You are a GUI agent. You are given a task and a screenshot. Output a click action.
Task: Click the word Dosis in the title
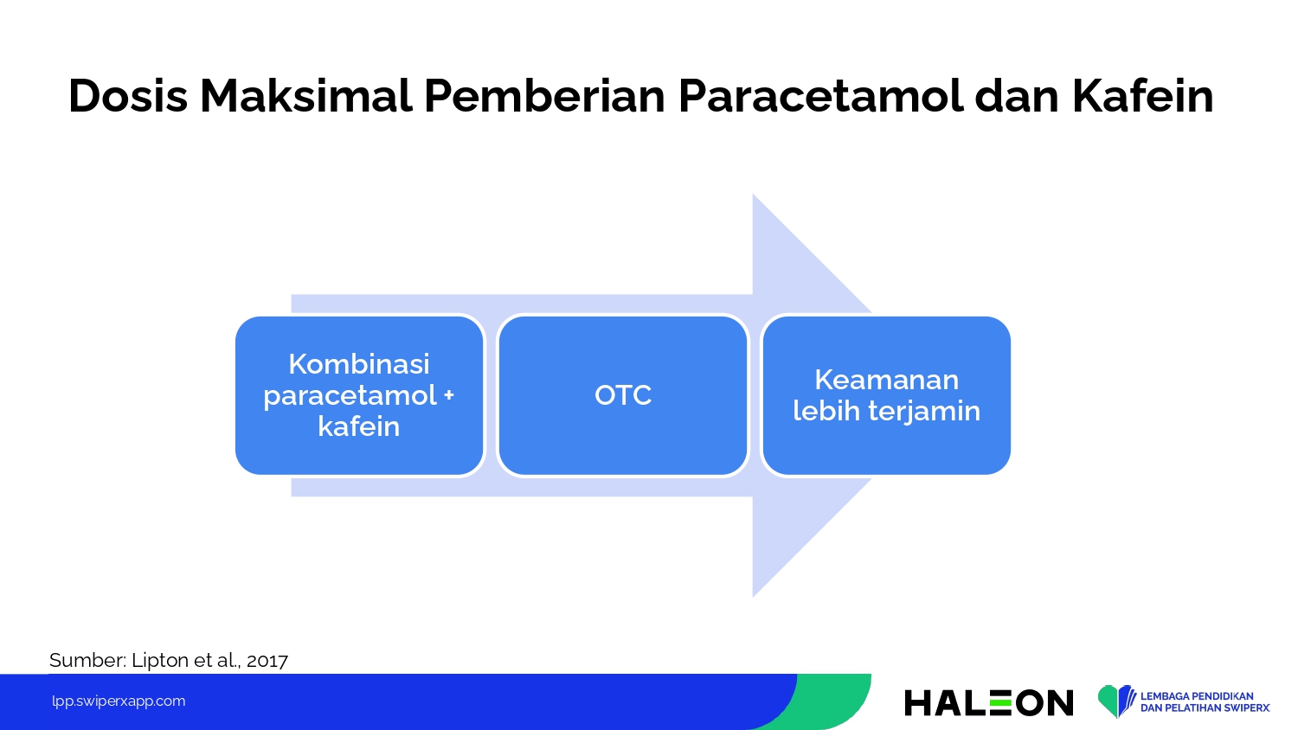128,96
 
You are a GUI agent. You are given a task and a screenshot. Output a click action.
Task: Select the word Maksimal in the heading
306,96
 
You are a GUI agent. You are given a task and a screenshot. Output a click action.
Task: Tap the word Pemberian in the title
544,96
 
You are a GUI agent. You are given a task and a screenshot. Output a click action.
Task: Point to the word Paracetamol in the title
820,96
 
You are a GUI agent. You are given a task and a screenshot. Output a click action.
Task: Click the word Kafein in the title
1143,96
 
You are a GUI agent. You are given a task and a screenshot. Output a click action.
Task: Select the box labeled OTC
623,396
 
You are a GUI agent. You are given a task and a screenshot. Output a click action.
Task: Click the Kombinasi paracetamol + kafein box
359,396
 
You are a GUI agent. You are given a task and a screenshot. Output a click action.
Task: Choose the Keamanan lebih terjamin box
887,396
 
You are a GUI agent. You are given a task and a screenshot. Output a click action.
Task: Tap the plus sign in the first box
448,396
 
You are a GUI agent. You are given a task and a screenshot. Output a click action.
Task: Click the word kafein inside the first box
359,427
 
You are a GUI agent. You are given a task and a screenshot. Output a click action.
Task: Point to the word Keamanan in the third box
887,380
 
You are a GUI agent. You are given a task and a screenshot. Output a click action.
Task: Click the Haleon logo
988,702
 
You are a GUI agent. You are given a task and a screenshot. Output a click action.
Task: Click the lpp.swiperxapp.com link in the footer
119,701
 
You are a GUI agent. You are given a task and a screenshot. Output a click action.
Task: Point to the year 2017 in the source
267,661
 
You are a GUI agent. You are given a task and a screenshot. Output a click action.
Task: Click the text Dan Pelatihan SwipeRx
1205,708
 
